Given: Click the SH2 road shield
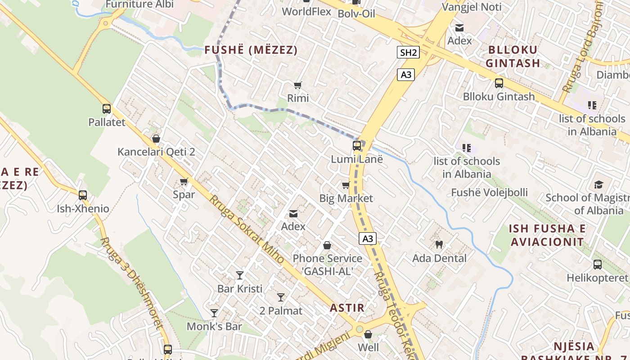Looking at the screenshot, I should pos(409,53).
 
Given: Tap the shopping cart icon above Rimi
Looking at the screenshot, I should pos(297,85).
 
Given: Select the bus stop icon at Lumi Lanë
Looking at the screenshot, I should pos(357,146).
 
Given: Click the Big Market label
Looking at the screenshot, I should pos(346,198).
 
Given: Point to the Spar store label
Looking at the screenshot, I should pos(184,194).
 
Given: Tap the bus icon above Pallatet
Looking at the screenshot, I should pos(107,109).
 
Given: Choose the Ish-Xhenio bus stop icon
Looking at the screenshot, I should pos(83,195).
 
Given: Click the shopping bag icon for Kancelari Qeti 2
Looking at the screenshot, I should pos(156,139).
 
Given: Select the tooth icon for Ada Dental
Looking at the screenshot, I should pos(439,245).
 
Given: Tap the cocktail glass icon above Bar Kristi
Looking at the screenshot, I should pos(240,275).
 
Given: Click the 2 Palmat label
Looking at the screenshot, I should pos(281,310).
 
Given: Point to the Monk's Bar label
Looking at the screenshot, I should pos(214,326).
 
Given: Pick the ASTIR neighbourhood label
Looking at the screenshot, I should pos(347,308).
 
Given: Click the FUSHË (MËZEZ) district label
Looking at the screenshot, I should pos(251,50).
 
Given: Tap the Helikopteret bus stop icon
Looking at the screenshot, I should pos(598,265).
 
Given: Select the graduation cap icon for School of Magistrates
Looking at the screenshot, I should pos(598,184).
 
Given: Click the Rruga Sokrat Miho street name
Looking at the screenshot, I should pos(247,229).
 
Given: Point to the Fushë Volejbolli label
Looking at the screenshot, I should pos(490,193).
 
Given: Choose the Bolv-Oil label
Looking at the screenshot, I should pos(356,13).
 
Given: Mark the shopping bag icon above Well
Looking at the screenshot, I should pos(368,334).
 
